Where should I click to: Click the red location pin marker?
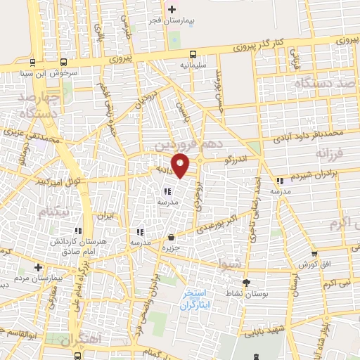(181, 165)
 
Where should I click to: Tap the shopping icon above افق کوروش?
(314, 254)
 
